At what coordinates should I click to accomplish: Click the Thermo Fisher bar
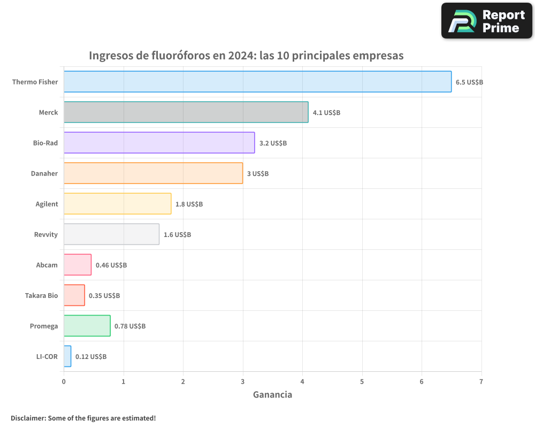257,82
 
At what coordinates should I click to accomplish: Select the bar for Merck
186,112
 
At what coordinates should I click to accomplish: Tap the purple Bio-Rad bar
159,143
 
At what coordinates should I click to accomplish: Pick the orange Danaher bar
153,173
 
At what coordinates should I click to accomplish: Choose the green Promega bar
87,326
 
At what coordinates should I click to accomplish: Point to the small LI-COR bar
67,356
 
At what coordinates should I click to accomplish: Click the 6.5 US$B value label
469,82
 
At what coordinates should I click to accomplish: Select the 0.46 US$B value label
111,265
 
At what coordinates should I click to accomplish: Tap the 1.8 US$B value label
189,204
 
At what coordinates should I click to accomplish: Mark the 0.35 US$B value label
104,295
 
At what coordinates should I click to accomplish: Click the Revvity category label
46,234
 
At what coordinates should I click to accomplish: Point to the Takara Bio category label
41,295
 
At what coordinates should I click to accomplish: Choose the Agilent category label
47,204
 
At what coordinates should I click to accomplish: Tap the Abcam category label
47,265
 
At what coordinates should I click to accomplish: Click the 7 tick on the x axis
481,381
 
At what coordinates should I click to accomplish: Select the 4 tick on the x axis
302,381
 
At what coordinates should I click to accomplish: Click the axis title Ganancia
272,395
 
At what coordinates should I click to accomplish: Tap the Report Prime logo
487,21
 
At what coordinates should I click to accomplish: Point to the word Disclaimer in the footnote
28,418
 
